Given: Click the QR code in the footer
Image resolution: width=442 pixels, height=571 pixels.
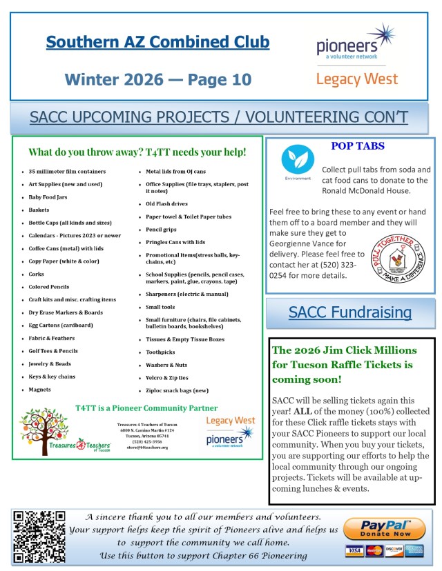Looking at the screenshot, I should coord(39,536).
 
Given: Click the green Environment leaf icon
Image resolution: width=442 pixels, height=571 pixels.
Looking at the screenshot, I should coord(298,160).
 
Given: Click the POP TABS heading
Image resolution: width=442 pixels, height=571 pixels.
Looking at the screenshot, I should coord(358,146).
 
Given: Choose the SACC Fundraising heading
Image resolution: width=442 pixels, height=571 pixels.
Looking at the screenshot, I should coord(350,312).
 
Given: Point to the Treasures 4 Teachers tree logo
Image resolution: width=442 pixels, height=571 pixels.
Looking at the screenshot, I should coord(56,432).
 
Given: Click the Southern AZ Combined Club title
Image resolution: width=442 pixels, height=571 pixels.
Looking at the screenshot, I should coord(157,42).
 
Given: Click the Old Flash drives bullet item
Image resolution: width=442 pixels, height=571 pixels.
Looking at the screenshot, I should coord(166,203).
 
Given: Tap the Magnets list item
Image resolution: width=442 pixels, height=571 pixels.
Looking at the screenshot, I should coord(40,389).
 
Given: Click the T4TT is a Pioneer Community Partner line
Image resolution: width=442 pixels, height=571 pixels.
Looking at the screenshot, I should coord(146,408).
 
